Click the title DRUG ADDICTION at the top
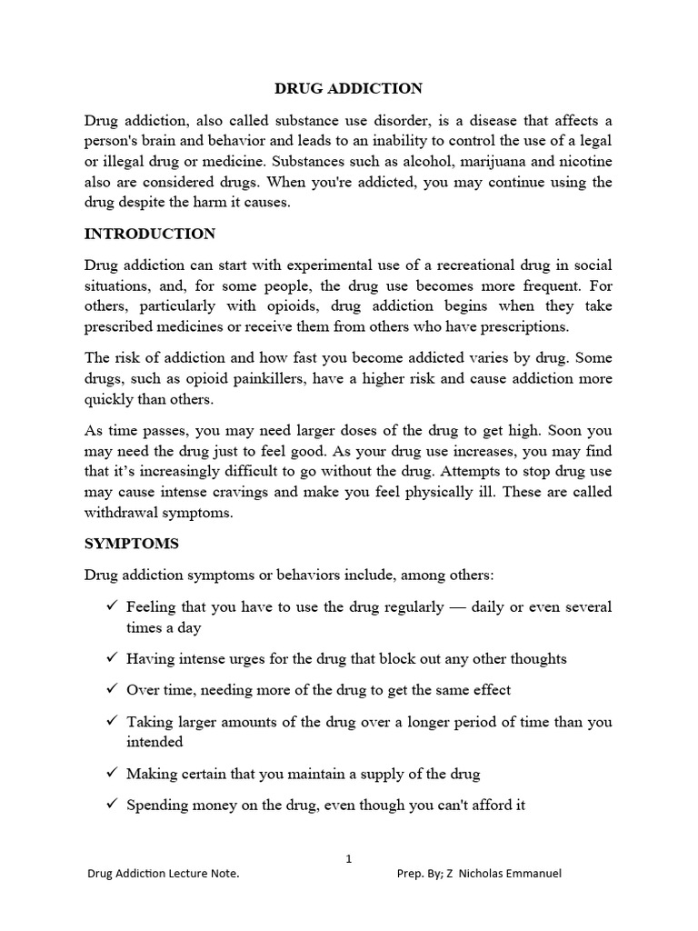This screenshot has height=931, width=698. coord(349,88)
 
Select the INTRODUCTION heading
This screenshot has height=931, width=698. coord(150,234)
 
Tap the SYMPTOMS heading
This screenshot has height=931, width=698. coord(132,544)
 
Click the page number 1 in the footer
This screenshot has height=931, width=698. coord(349,858)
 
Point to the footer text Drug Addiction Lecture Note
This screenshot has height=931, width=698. coord(164,874)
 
